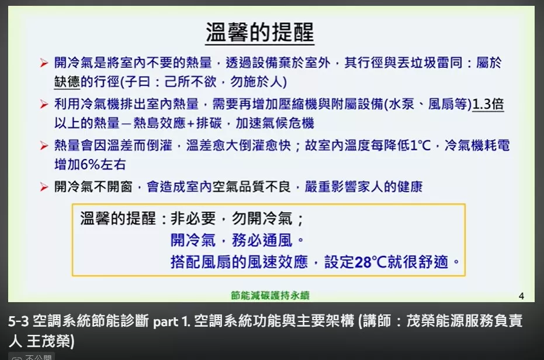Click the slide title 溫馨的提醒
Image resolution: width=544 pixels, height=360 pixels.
pyautogui.click(x=260, y=32)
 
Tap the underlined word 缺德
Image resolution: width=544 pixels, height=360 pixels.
pyautogui.click(x=67, y=82)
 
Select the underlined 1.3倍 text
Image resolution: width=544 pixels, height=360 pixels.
pyautogui.click(x=488, y=104)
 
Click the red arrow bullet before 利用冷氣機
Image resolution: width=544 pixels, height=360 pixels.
pyautogui.click(x=44, y=104)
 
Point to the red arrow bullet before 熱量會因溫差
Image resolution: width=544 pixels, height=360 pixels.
pyautogui.click(x=44, y=145)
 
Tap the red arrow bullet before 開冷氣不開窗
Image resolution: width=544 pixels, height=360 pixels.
pyautogui.click(x=44, y=187)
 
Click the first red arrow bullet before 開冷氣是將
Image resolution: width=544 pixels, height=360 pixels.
pyautogui.click(x=44, y=63)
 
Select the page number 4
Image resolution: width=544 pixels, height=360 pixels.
pyautogui.click(x=521, y=296)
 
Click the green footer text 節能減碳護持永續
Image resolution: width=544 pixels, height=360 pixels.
pyautogui.click(x=270, y=296)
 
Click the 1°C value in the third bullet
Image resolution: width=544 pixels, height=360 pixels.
pyautogui.click(x=421, y=145)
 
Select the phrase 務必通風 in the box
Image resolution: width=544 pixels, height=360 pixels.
pyautogui.click(x=262, y=240)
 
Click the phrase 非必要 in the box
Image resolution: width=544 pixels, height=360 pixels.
pyautogui.click(x=193, y=219)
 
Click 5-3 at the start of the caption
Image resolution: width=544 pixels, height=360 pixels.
pyautogui.click(x=19, y=321)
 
